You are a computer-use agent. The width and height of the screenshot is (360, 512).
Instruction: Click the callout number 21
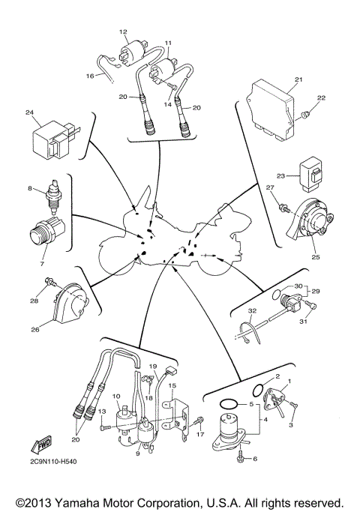point(298,79)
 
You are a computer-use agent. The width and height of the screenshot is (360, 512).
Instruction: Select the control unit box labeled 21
point(269,112)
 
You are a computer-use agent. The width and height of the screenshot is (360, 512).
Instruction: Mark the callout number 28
point(34,301)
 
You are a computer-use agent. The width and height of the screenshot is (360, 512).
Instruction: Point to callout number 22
point(321,98)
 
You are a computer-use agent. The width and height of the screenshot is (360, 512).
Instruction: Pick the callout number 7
point(42,264)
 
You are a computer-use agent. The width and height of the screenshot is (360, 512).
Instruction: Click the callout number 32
point(253,310)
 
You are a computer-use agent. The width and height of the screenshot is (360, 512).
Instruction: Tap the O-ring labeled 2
point(259,390)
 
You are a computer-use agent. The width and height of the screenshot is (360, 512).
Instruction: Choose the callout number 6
point(254,459)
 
